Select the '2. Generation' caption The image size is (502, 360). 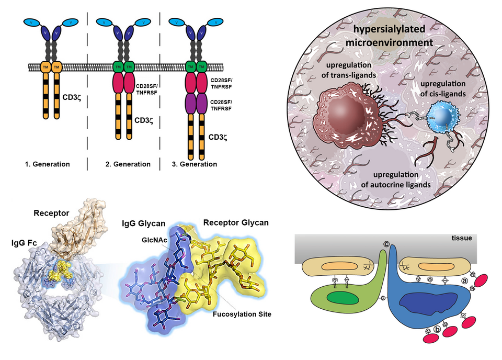click(x=128, y=164)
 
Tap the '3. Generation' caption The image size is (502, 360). click(x=194, y=164)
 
